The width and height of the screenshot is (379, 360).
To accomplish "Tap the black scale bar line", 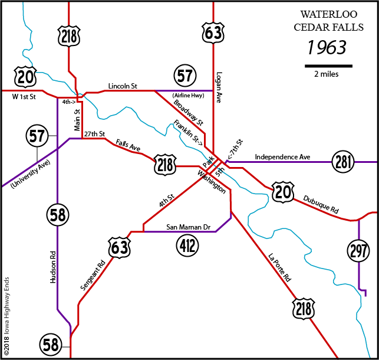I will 328,64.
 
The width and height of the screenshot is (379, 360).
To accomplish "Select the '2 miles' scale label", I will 326,74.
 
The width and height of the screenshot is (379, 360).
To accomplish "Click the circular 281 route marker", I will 342,161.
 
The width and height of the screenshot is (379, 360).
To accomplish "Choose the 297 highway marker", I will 359,250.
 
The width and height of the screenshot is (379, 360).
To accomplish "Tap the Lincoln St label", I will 123,87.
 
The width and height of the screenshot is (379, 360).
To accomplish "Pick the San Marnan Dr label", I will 189,227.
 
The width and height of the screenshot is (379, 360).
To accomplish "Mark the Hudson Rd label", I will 52,269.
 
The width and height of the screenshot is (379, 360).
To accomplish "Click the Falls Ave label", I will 127,146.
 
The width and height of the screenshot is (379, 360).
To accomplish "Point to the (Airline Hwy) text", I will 189,96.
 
